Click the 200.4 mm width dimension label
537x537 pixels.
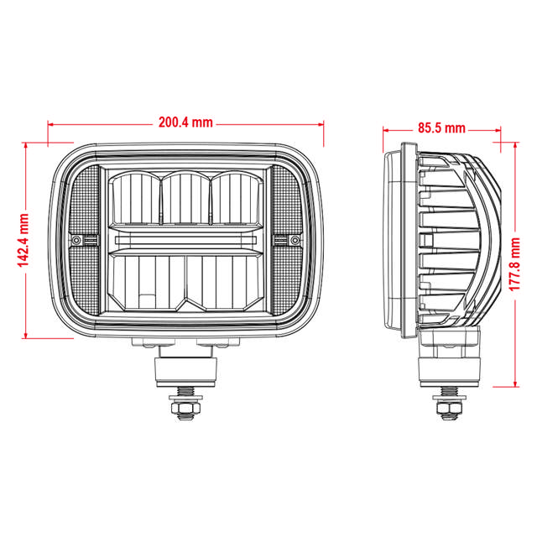point(185,122)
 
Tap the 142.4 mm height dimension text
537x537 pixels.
point(24,239)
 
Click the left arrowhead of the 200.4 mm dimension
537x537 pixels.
point(52,123)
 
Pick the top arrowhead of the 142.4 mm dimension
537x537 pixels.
point(27,145)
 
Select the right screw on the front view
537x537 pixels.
point(295,240)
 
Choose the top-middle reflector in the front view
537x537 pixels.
point(185,199)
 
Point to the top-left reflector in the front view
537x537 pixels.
point(134,199)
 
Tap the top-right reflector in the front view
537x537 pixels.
point(237,199)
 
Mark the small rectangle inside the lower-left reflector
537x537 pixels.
point(147,299)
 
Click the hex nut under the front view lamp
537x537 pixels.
point(185,408)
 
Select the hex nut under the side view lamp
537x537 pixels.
point(450,408)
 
